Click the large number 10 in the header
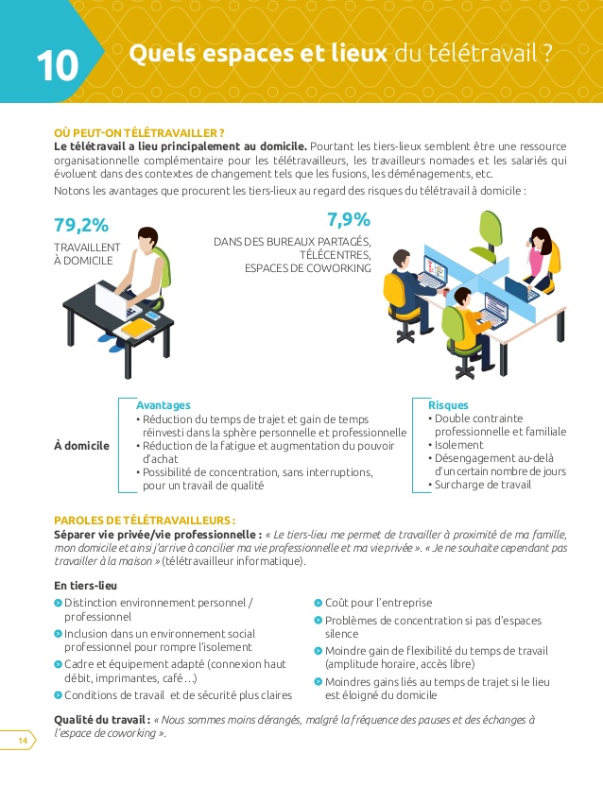pyautogui.click(x=56, y=65)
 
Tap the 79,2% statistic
pyautogui.click(x=81, y=225)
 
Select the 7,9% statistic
pyautogui.click(x=349, y=220)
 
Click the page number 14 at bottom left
pyautogui.click(x=21, y=741)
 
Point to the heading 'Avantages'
pyautogui.click(x=164, y=404)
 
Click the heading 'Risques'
pyautogui.click(x=448, y=404)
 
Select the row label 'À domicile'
pyautogui.click(x=81, y=445)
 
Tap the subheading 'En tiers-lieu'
pyautogui.click(x=88, y=586)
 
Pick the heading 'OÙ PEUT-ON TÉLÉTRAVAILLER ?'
pyautogui.click(x=139, y=132)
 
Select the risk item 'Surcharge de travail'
pyautogui.click(x=483, y=485)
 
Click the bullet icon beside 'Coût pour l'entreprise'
pyautogui.click(x=319, y=603)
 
